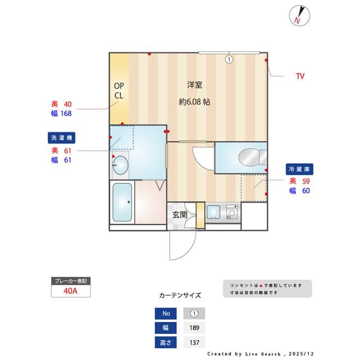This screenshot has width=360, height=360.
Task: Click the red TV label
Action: (x=300, y=76)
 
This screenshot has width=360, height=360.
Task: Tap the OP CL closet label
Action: (x=119, y=91)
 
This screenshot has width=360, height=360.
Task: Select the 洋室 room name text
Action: (x=195, y=85)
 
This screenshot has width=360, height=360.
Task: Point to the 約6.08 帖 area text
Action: (x=195, y=102)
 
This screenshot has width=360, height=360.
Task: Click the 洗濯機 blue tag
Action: (x=62, y=137)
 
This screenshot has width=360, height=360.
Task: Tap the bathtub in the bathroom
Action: (x=122, y=202)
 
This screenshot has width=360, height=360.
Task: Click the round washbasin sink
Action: (x=120, y=165)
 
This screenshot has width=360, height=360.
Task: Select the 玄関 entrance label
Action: (x=179, y=214)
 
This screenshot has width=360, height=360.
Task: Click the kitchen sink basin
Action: (x=213, y=212)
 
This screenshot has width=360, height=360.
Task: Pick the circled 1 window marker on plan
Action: (x=229, y=59)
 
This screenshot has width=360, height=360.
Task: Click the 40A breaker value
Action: (x=70, y=291)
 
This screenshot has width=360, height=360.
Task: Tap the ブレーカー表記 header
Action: (x=70, y=280)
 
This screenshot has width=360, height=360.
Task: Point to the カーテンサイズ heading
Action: (x=180, y=295)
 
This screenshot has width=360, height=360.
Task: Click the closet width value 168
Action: (x=66, y=113)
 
